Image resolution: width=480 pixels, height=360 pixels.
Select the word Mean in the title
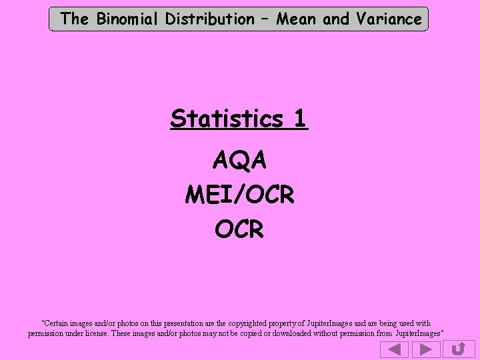(297, 19)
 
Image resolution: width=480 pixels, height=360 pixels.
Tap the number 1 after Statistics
(299, 119)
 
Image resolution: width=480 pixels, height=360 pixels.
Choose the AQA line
(239, 160)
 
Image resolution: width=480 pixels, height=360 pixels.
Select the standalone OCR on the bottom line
(239, 229)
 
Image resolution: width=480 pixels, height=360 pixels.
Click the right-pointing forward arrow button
(425, 349)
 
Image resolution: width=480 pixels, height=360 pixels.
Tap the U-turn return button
(458, 349)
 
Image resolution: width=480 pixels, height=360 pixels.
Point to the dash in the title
(265, 19)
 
